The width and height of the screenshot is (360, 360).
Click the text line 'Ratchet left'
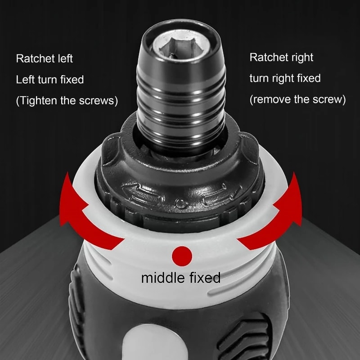(x=44, y=58)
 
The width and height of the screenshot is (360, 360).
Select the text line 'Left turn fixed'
(x=50, y=80)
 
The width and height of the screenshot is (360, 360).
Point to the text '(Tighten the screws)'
(x=67, y=101)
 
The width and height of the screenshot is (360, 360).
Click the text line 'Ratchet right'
(x=281, y=58)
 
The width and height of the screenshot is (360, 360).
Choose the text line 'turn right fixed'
(x=285, y=78)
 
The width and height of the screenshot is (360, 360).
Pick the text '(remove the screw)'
(x=297, y=99)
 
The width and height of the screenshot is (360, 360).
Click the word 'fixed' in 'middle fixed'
(x=204, y=278)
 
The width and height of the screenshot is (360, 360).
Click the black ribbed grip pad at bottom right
(x=245, y=335)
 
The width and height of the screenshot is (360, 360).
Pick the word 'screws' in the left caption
(x=99, y=101)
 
